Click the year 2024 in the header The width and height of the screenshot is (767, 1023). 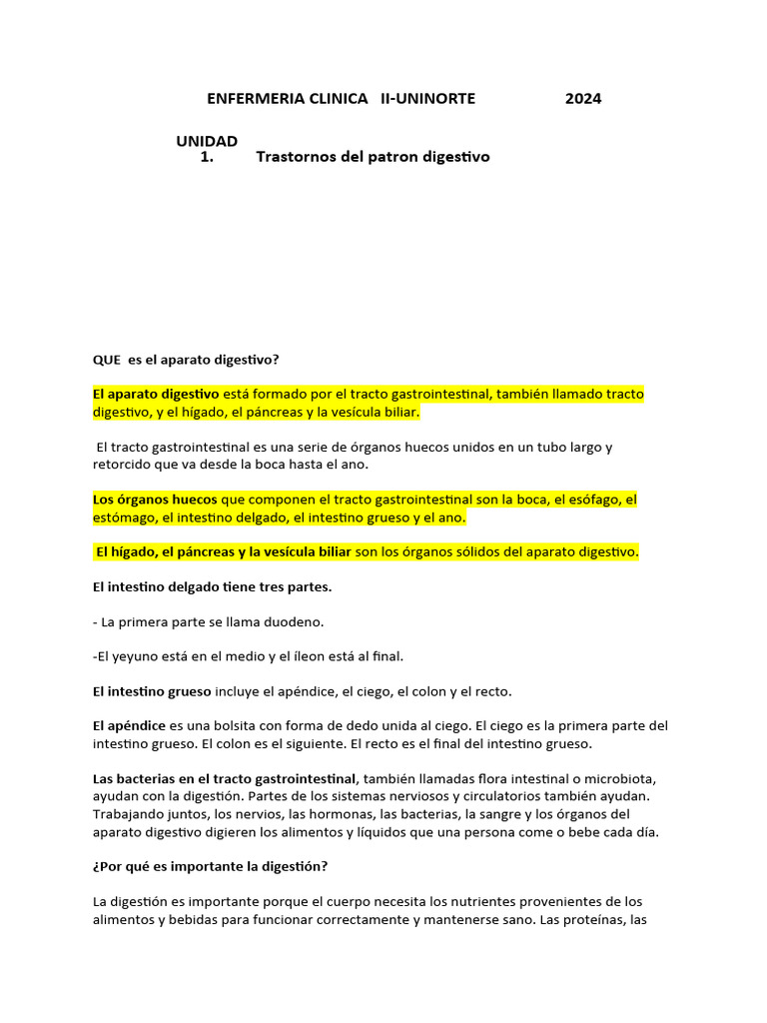point(583,98)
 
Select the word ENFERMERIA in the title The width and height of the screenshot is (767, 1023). point(252,98)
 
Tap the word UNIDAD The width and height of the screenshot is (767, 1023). point(207,141)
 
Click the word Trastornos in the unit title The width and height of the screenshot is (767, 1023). point(296,157)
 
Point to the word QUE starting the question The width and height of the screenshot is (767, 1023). point(107,360)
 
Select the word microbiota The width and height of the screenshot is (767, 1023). point(618,778)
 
